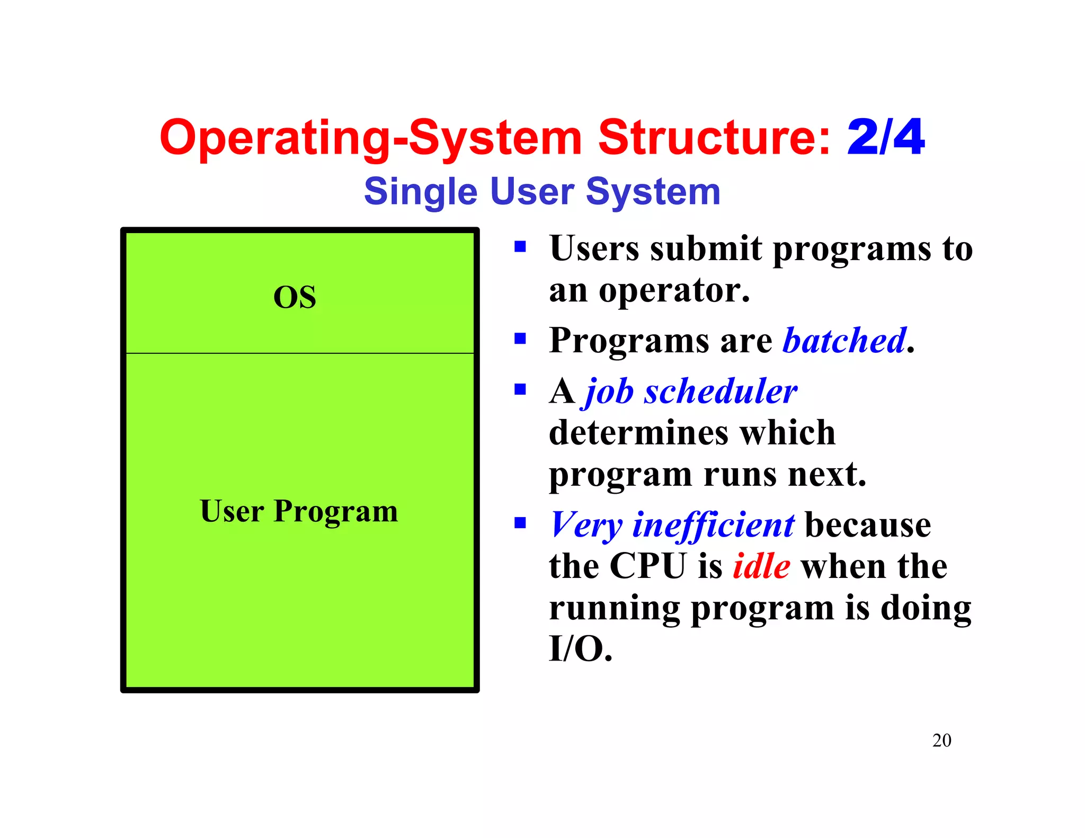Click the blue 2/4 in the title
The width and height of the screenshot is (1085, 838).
point(886,137)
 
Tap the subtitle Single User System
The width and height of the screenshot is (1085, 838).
point(542,191)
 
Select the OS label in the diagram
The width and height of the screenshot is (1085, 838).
point(295,297)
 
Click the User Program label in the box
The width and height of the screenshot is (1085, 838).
point(299,511)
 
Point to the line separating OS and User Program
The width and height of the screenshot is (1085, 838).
point(300,353)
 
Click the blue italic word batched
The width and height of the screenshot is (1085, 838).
point(844,340)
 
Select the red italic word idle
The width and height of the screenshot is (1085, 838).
point(761,566)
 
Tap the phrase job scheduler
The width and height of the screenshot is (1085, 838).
point(691,391)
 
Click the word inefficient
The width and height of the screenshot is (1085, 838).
point(714,525)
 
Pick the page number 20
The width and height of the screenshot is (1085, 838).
point(941,740)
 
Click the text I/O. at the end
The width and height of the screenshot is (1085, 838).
point(581,648)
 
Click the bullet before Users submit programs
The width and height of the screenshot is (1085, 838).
point(520,246)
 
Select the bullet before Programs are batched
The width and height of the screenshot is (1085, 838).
point(520,338)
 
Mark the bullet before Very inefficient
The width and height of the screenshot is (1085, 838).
point(520,523)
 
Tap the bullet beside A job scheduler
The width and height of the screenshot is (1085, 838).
point(520,390)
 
